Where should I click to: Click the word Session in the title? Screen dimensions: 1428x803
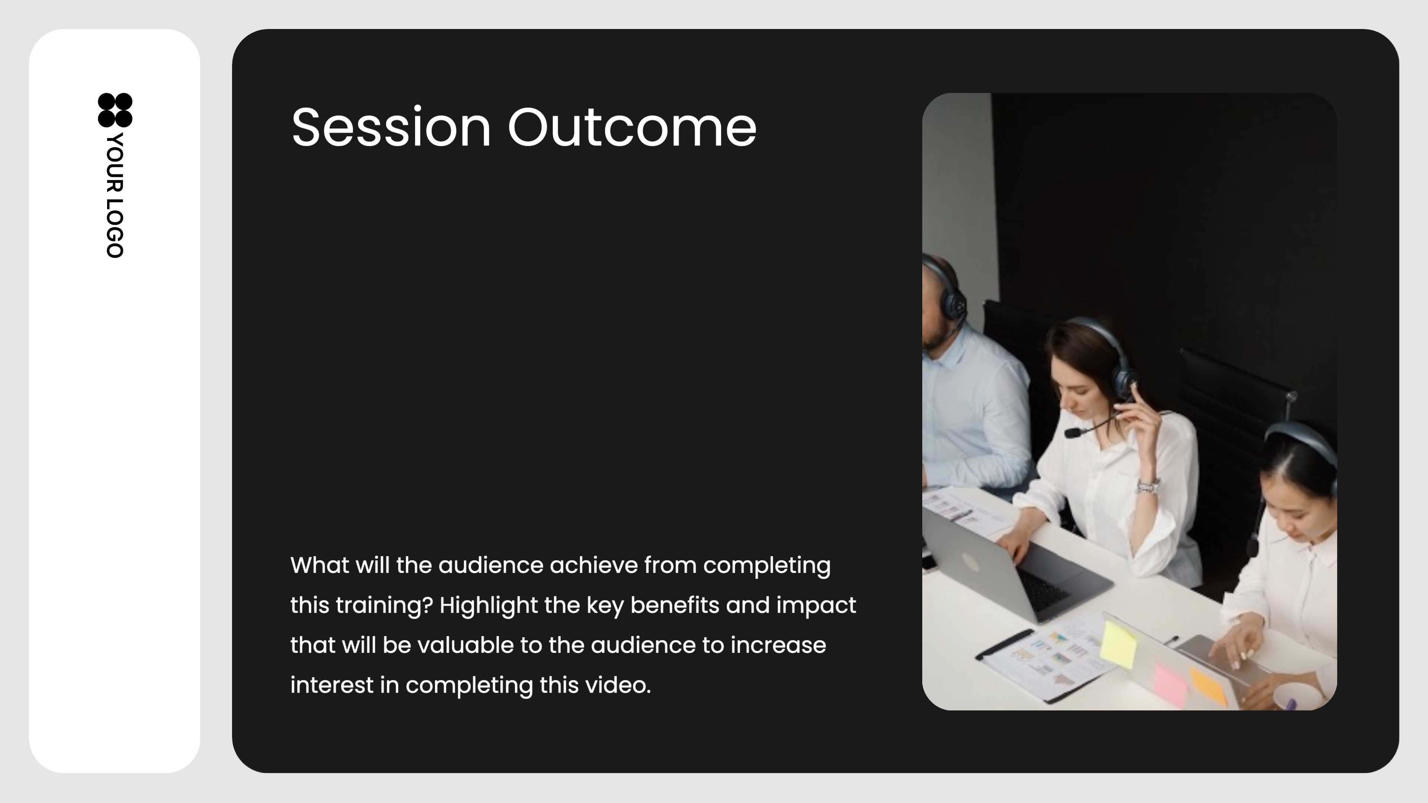[x=391, y=128]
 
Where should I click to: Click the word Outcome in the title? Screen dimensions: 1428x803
[x=632, y=128]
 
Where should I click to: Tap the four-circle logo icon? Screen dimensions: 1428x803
[x=115, y=110]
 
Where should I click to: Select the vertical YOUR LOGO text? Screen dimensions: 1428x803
[x=115, y=195]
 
